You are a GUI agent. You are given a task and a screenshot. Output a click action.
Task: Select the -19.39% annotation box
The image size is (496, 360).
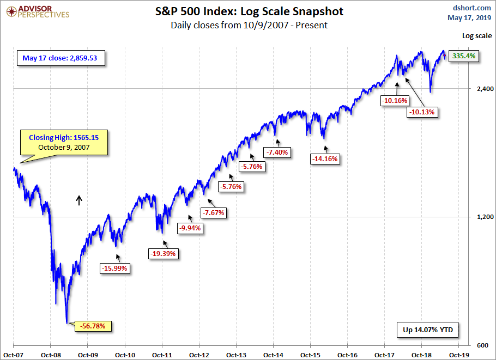[x=164, y=253]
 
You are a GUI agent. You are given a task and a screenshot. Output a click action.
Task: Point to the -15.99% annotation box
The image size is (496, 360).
[x=115, y=268]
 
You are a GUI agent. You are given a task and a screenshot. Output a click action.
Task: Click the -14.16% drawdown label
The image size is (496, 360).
[x=325, y=159]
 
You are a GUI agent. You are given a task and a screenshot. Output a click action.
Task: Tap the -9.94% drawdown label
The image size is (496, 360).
[x=190, y=228]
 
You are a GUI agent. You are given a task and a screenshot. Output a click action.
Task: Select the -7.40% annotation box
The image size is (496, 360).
[x=278, y=152]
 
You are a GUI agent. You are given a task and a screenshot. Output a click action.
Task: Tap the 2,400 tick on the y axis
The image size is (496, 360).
[x=482, y=89]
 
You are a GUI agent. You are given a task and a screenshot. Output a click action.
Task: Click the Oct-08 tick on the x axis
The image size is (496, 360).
[x=50, y=355]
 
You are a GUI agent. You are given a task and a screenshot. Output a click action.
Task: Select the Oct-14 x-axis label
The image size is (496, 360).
[x=273, y=355]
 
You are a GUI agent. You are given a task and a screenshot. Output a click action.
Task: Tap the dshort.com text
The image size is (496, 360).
[x=469, y=8]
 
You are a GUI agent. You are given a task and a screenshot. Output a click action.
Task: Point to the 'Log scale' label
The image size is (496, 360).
[x=477, y=36]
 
